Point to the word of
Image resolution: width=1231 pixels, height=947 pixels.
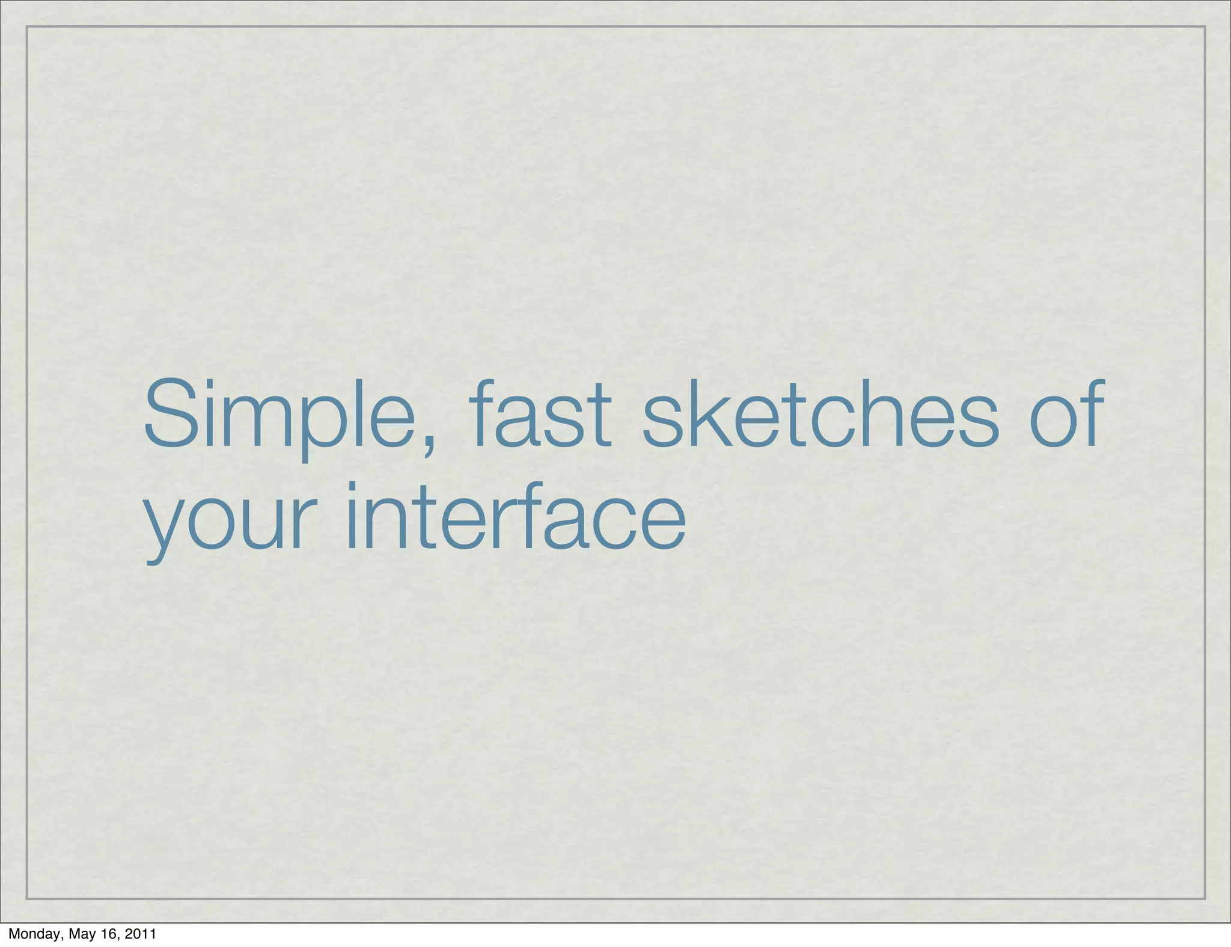click(x=1067, y=415)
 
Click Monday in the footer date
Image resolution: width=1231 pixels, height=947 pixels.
click(x=34, y=934)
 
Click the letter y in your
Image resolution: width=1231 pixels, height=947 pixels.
click(x=163, y=529)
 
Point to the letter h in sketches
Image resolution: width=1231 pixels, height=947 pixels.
click(x=895, y=415)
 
